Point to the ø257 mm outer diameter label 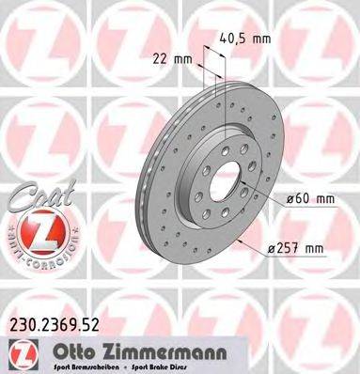click(294, 248)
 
